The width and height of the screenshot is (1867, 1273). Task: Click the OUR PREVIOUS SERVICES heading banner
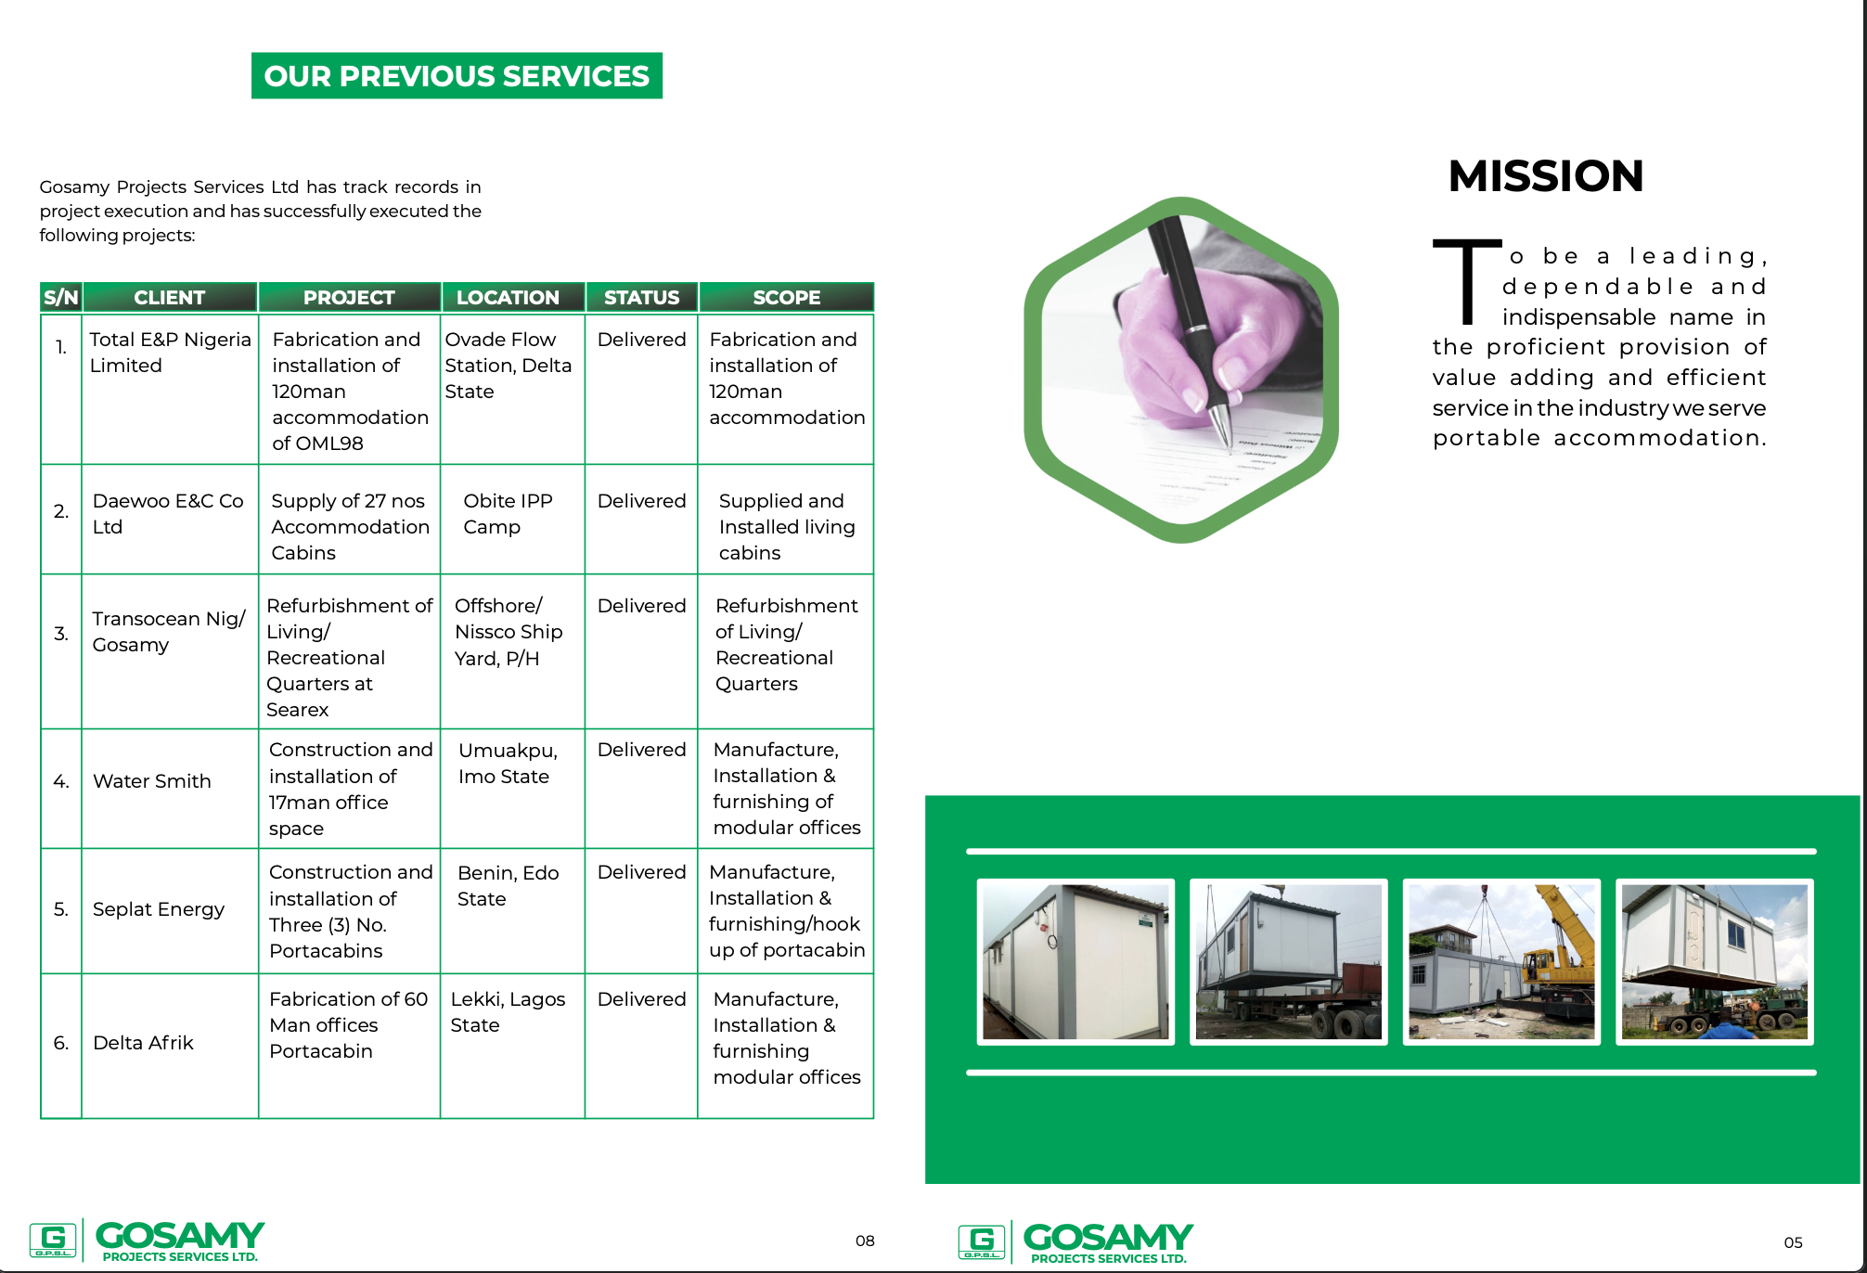(x=457, y=75)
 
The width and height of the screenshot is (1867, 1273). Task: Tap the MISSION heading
(x=1546, y=176)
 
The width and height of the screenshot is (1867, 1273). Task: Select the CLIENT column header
(x=169, y=297)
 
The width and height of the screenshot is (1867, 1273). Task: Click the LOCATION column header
(x=508, y=297)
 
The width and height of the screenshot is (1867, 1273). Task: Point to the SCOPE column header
(x=786, y=297)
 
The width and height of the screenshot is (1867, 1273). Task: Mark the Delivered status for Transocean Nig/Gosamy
(x=641, y=606)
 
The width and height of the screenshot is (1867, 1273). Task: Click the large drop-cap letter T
(x=1467, y=281)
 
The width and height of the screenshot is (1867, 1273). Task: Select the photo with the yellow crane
(x=1501, y=962)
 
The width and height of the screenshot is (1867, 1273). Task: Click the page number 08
(x=865, y=1241)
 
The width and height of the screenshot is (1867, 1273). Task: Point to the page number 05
(x=1793, y=1242)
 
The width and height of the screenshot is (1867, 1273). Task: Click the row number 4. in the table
(x=61, y=781)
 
